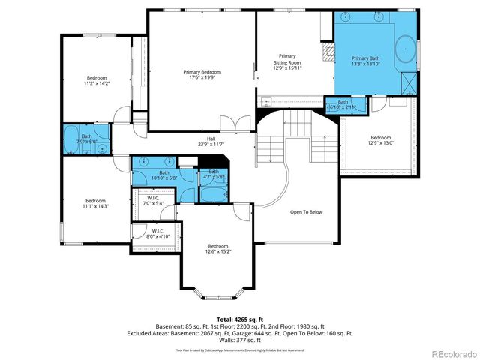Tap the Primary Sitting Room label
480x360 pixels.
pyautogui.click(x=287, y=62)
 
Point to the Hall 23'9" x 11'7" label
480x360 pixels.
pyautogui.click(x=211, y=141)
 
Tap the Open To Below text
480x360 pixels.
pyautogui.click(x=306, y=212)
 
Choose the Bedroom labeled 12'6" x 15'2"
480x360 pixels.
pyautogui.click(x=217, y=249)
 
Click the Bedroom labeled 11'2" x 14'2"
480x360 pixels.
pyautogui.click(x=97, y=80)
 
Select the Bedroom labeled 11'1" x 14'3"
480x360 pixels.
pyautogui.click(x=95, y=203)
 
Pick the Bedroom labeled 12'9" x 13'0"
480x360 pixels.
pyautogui.click(x=380, y=140)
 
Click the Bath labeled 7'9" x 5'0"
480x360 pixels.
pyautogui.click(x=87, y=138)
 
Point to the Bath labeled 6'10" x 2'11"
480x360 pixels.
pyautogui.click(x=343, y=104)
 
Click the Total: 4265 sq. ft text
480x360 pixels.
pyautogui.click(x=240, y=319)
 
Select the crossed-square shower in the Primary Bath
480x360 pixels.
pyautogui.click(x=409, y=79)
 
